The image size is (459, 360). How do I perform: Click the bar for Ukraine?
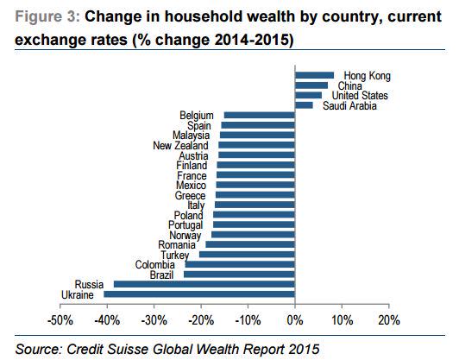point(199,294)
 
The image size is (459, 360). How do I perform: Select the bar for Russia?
point(204,284)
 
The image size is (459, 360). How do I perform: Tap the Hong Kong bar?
point(314,76)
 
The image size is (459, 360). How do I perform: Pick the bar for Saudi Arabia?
point(304,105)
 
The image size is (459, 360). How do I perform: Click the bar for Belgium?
point(259,116)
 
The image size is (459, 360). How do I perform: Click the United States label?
point(361,96)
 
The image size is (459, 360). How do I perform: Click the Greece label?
point(190,195)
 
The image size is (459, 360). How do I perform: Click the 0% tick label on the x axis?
point(295,320)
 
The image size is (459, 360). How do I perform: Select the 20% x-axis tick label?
point(388,320)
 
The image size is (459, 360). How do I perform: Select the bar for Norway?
point(254,235)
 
